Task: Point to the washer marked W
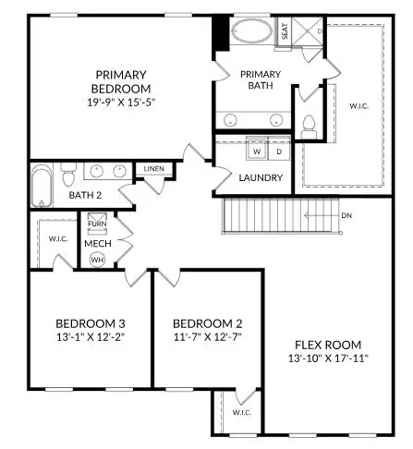(x=257, y=151)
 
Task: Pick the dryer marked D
(x=280, y=151)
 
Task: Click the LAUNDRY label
(x=260, y=177)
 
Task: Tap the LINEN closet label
(x=152, y=170)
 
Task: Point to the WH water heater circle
(x=97, y=259)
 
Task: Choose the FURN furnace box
(x=97, y=224)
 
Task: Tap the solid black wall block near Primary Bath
(x=220, y=35)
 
